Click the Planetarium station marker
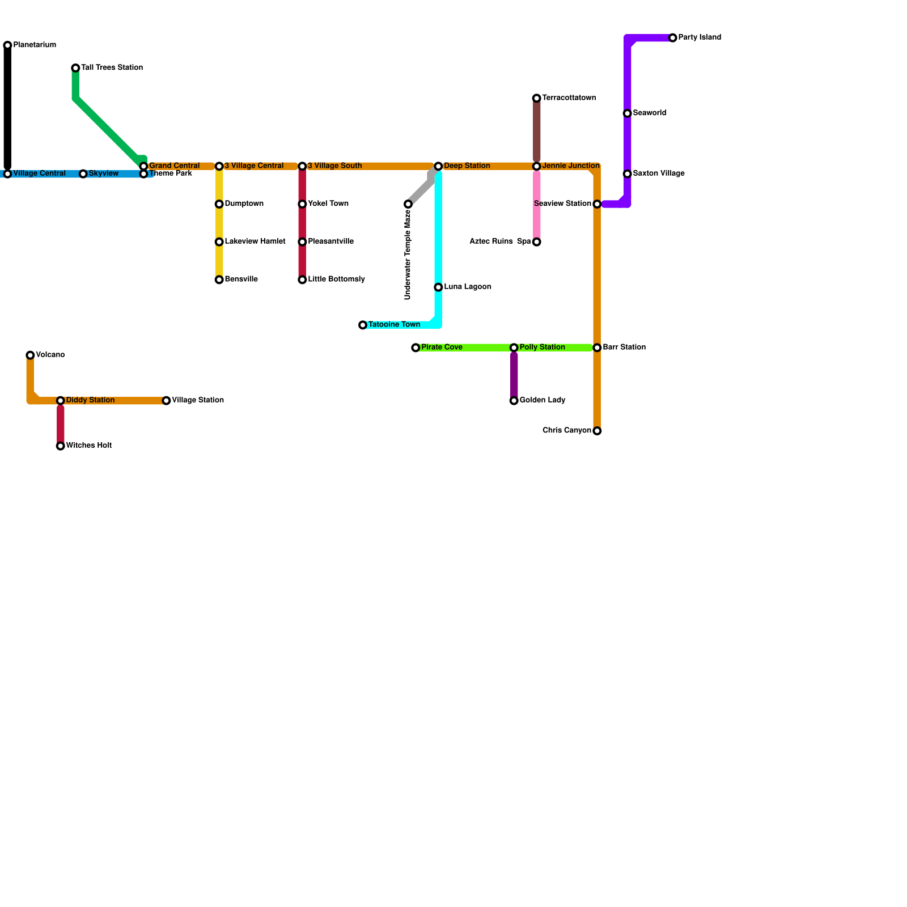click(7, 45)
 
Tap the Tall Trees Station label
click(112, 68)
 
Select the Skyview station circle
click(83, 174)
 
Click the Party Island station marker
click(673, 38)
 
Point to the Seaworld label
click(649, 113)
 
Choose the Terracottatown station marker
click(537, 99)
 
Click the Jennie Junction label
click(570, 166)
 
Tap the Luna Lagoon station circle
click(438, 287)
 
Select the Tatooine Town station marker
click(363, 325)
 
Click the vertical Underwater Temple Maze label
click(408, 255)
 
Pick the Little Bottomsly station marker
click(303, 280)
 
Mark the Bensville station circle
click(219, 280)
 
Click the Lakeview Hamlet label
click(255, 242)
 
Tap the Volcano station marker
click(30, 355)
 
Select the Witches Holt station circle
click(61, 446)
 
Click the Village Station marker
click(166, 401)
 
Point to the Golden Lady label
click(542, 401)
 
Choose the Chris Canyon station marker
click(597, 431)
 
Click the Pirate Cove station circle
click(416, 348)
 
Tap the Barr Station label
click(624, 347)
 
